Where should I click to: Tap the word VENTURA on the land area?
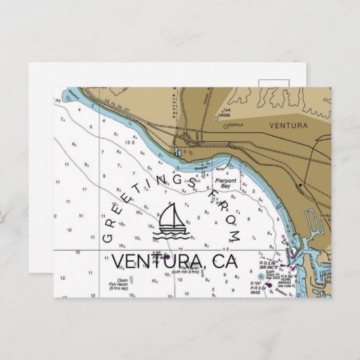pos(287,126)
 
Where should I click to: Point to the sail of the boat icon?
pos(170,216)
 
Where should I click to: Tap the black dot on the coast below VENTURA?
pos(300,184)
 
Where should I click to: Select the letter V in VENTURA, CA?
pos(118,261)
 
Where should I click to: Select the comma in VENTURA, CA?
pos(209,268)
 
